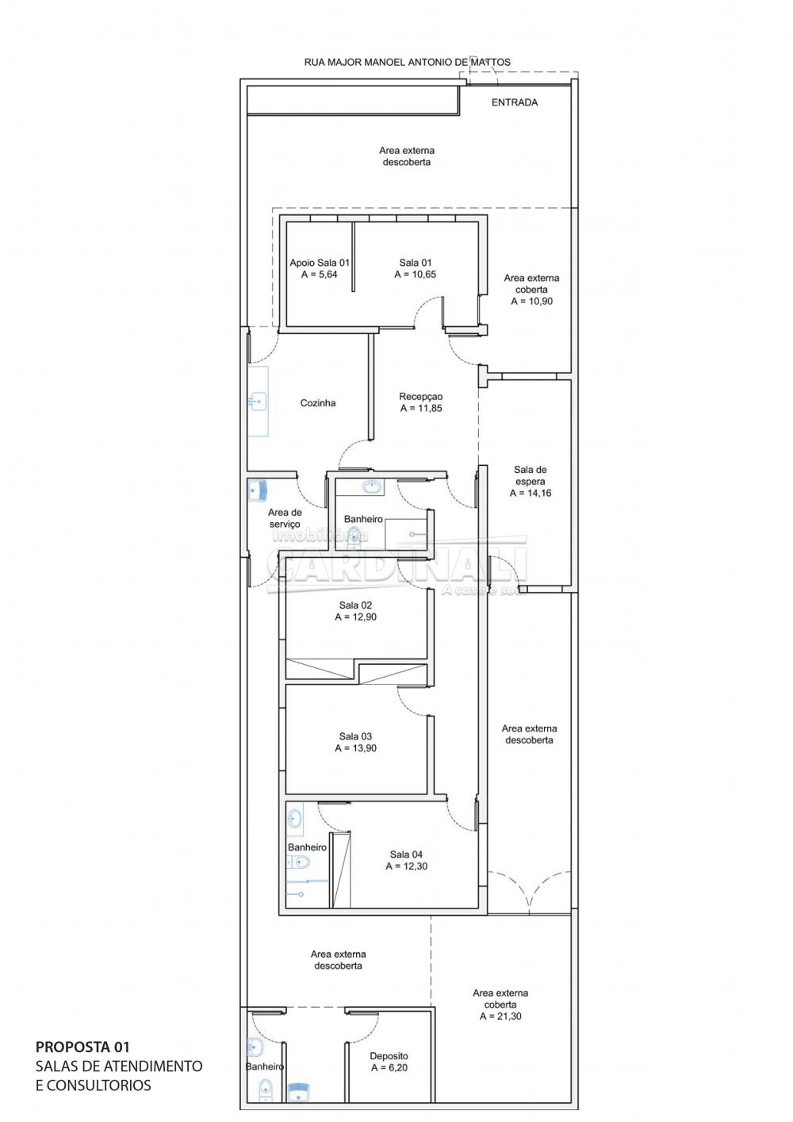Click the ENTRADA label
tap(515, 102)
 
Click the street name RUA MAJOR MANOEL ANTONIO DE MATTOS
tap(408, 63)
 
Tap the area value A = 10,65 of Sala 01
tap(415, 275)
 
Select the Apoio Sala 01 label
tap(320, 263)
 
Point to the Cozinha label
tap(318, 403)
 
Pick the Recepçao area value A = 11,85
tap(421, 408)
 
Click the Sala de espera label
tap(531, 476)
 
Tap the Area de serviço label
tap(285, 518)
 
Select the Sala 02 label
tap(355, 605)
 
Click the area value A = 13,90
tap(355, 748)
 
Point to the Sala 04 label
tap(407, 855)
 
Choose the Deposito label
tap(389, 1056)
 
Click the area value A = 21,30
tap(500, 1016)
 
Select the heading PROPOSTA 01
tap(82, 1047)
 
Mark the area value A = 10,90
tap(531, 302)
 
